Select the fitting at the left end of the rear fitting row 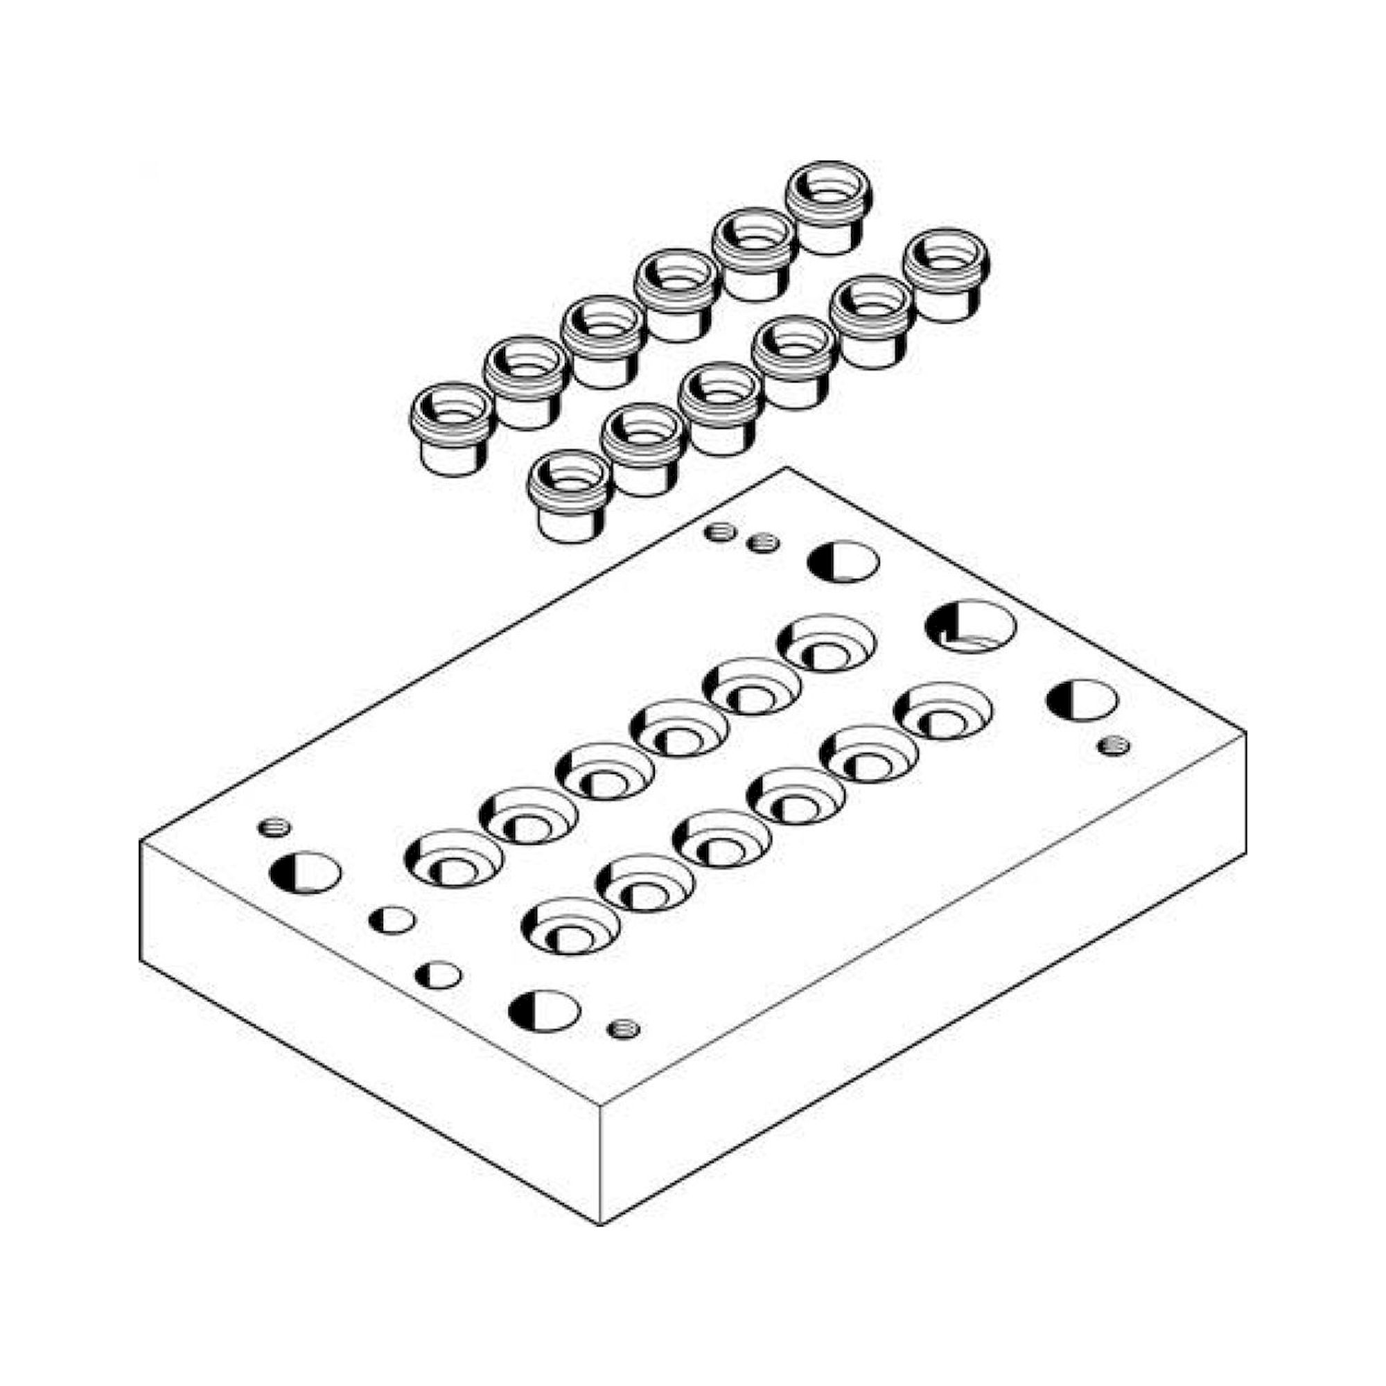(452, 427)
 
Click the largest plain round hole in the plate (970, 626)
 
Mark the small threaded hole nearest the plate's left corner (273, 828)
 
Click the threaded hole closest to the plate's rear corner (719, 532)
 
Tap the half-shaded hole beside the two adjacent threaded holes (843, 562)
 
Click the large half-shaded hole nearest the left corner (305, 872)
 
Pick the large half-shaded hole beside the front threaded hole (544, 1011)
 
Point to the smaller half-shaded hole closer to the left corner (392, 920)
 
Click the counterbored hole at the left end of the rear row (453, 858)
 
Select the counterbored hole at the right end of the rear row (827, 643)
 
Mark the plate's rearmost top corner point (787, 468)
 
